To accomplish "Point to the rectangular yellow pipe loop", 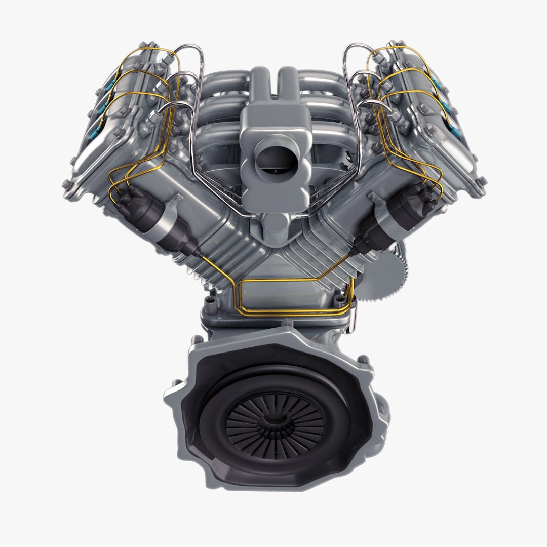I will pos(294,296).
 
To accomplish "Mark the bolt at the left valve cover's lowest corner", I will pos(67,184).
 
